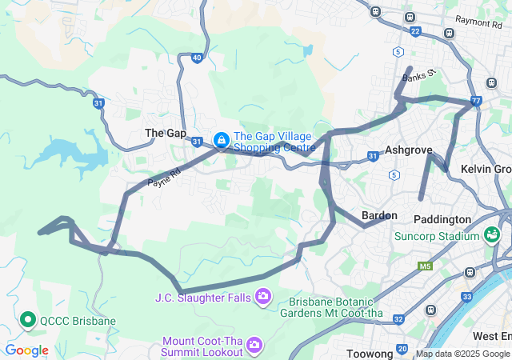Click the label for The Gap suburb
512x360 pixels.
165,133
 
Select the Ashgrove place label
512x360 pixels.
408,150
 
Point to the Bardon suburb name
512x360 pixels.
379,215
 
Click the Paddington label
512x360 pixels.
442,219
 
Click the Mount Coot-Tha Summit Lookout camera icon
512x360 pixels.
254,345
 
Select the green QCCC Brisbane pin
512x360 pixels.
28,321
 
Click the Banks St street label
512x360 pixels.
418,77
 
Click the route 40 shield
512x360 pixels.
197,58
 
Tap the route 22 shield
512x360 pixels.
414,31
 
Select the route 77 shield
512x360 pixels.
476,102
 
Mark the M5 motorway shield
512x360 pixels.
424,266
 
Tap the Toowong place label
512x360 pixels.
369,354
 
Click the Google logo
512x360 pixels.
26,350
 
